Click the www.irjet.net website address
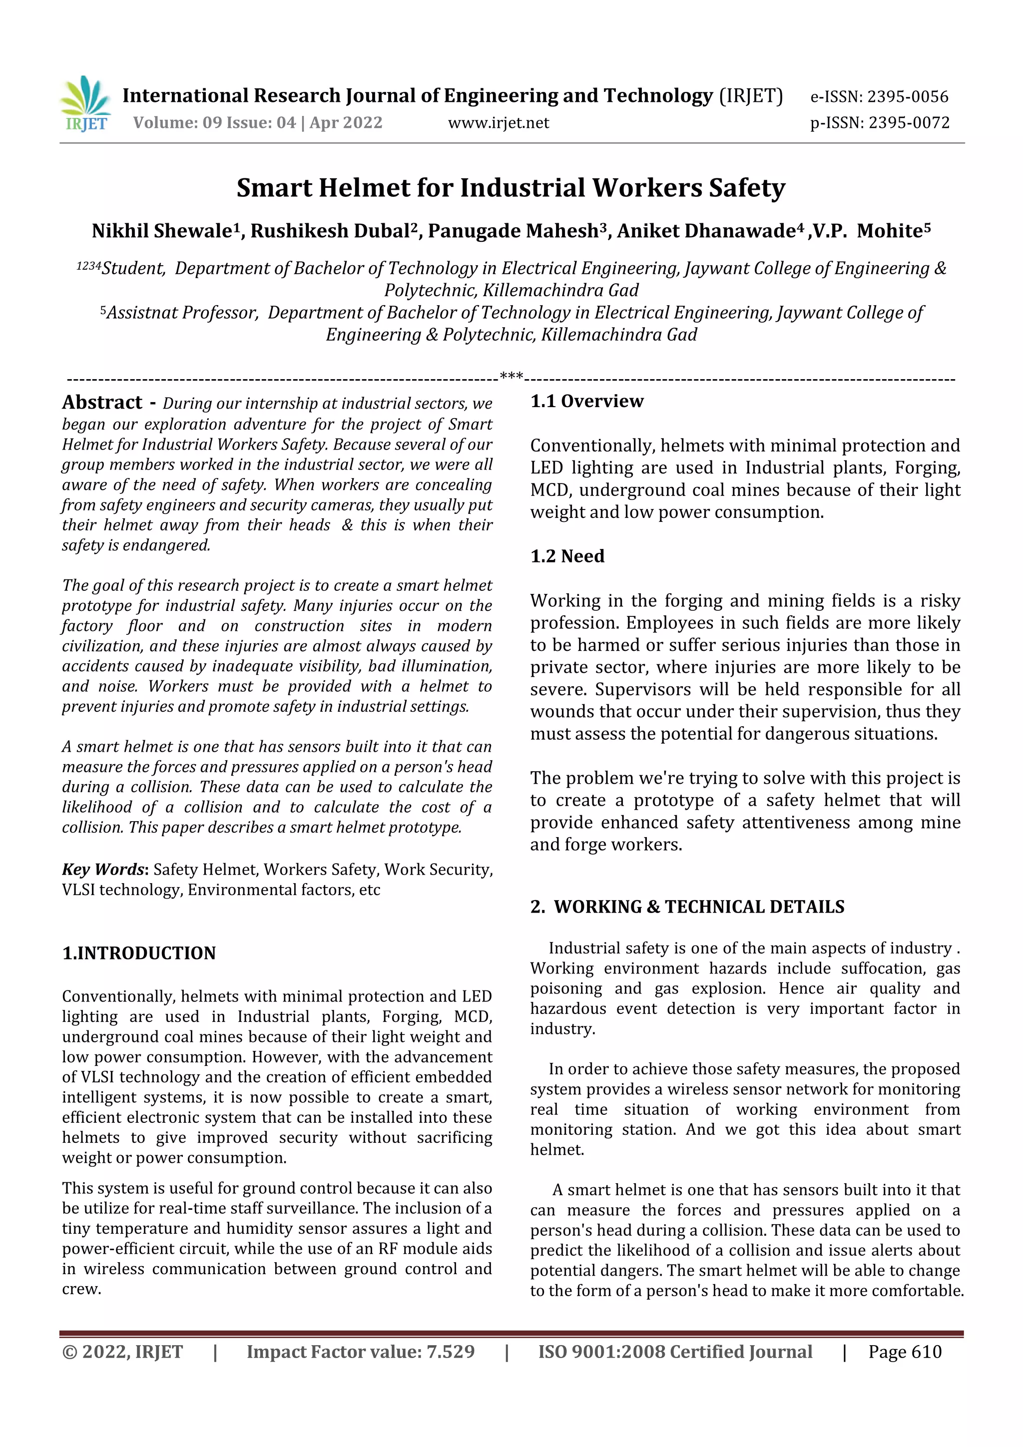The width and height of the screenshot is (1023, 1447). pos(498,123)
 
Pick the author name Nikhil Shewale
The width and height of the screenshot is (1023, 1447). pos(161,231)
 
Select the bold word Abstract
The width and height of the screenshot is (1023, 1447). pos(102,402)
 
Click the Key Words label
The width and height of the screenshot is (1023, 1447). pos(103,869)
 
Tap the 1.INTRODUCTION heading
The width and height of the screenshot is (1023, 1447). pos(139,953)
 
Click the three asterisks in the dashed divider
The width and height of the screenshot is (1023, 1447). pos(511,376)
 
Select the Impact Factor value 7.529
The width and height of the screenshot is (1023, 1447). pos(450,1351)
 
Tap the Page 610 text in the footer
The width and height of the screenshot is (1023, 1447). pos(905,1351)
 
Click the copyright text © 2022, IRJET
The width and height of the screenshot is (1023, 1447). pos(122,1351)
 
